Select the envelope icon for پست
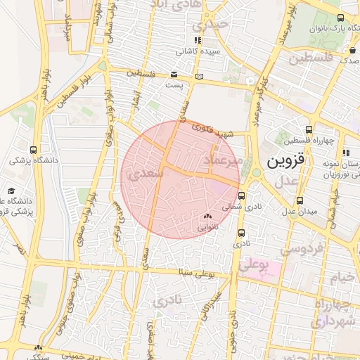click(x=174, y=75)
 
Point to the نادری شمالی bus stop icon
click(x=243, y=196)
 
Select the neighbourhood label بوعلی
click(x=254, y=265)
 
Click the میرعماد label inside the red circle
click(x=221, y=162)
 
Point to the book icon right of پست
click(x=199, y=76)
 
